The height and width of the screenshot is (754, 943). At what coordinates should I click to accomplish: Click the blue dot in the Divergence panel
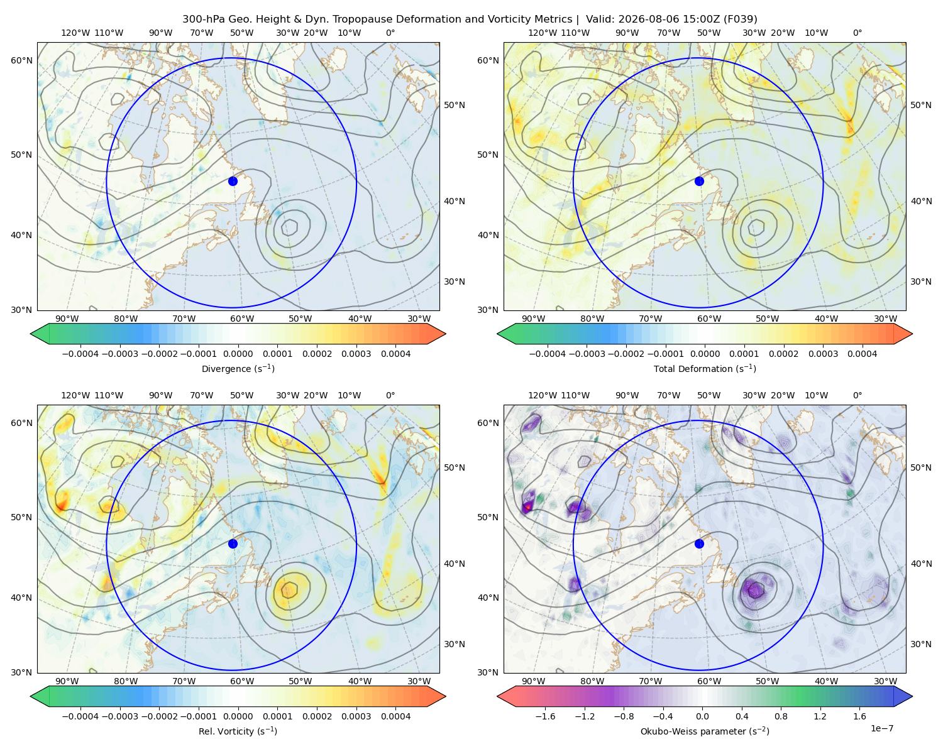point(233,181)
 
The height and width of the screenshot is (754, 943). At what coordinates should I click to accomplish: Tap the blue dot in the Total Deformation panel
point(699,181)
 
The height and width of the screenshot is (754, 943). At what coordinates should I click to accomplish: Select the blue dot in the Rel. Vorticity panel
point(233,544)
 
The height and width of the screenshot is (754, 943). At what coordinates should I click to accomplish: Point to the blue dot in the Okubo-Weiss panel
point(699,544)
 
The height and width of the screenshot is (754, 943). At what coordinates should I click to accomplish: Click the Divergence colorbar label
point(238,368)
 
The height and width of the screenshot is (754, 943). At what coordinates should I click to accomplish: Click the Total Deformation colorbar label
point(705,368)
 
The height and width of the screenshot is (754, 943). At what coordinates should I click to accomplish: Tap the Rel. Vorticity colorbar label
point(238,731)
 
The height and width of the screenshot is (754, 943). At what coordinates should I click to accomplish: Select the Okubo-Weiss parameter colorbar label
point(705,731)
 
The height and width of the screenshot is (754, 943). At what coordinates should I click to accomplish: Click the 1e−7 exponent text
point(881,728)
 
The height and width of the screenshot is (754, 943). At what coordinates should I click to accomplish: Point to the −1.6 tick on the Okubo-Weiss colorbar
point(545,716)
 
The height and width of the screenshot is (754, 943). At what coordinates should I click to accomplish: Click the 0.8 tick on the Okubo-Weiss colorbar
point(781,716)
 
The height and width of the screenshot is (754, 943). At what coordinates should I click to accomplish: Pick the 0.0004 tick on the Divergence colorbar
point(395,354)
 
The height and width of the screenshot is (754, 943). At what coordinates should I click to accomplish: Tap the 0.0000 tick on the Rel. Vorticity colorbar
point(238,716)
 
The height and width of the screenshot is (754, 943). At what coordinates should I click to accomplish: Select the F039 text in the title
point(740,19)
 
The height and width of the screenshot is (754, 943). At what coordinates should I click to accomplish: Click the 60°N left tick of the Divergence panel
point(21,60)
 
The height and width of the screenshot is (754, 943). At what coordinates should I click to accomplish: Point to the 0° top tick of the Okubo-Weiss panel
point(857,395)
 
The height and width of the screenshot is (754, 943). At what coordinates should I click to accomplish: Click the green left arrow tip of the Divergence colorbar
point(31,334)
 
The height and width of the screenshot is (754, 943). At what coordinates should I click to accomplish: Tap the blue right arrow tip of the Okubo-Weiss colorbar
point(912,696)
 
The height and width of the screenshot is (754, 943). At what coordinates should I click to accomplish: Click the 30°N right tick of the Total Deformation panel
point(920,281)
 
